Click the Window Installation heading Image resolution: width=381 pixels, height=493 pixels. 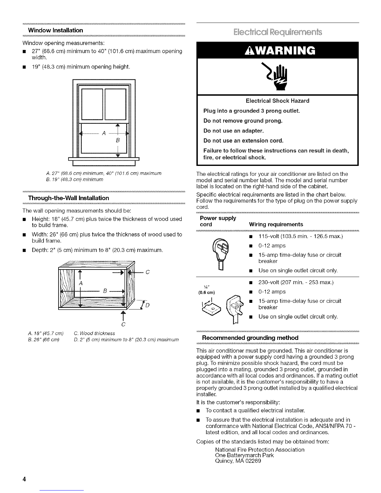(x=55, y=30)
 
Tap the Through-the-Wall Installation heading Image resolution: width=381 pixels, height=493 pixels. (x=68, y=198)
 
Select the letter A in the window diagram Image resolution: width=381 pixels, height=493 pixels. (x=104, y=134)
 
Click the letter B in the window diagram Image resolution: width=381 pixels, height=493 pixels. (x=118, y=140)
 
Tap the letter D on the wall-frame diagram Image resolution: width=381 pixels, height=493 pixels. (x=147, y=305)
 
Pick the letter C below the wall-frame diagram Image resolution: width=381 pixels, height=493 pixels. (x=124, y=324)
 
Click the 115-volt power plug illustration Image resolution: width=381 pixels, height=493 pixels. (x=221, y=253)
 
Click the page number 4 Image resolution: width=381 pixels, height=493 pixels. (x=24, y=479)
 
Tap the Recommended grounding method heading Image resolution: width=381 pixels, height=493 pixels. (x=250, y=338)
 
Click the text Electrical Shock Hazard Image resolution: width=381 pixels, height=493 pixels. (x=277, y=101)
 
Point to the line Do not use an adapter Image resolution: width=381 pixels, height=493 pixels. (x=233, y=131)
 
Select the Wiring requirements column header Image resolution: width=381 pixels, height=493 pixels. (x=276, y=224)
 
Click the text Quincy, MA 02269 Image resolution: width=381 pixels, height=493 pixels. (x=238, y=461)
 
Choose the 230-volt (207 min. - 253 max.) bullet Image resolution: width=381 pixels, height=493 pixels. (x=296, y=283)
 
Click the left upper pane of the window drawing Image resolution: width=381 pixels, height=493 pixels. (x=92, y=104)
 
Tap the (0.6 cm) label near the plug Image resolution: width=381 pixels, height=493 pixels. (x=206, y=293)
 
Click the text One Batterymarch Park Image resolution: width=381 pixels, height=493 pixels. (x=244, y=455)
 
